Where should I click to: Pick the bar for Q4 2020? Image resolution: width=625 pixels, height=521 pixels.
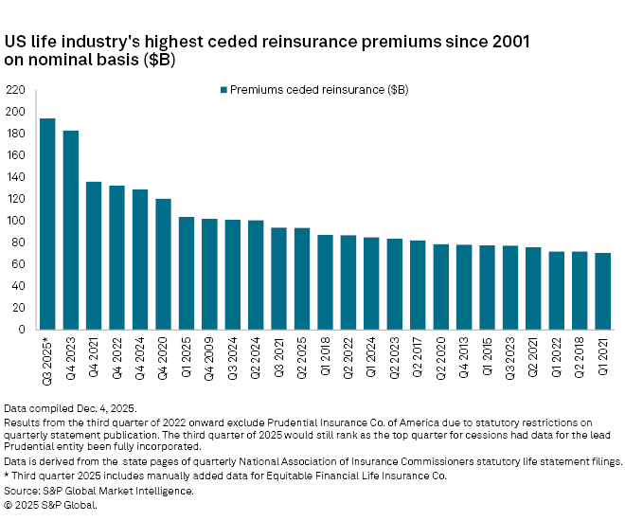tap(163, 264)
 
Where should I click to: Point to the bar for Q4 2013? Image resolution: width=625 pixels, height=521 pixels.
tap(464, 287)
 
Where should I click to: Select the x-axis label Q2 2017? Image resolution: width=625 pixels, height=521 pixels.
tap(419, 358)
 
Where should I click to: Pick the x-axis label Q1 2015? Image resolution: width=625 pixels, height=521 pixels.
tap(488, 358)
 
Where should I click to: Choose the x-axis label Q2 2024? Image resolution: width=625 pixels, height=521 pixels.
tap(256, 358)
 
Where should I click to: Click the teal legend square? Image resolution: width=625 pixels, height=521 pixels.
tap(223, 90)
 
